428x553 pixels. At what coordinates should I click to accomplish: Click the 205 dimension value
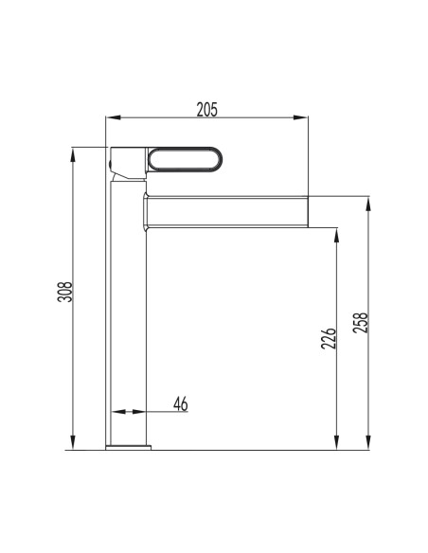207,109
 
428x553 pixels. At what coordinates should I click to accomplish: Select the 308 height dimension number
65,292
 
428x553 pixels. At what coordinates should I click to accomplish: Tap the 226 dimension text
329,339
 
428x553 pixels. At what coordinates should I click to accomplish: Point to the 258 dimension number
360,323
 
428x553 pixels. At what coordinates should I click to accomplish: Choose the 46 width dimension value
181,403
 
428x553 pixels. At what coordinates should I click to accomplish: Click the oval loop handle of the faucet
185,159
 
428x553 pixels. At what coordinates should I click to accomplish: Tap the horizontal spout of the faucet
225,211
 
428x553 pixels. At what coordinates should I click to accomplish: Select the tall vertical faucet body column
129,313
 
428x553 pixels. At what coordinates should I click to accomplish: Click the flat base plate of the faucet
129,448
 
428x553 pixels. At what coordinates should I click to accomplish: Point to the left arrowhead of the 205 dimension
113,117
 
